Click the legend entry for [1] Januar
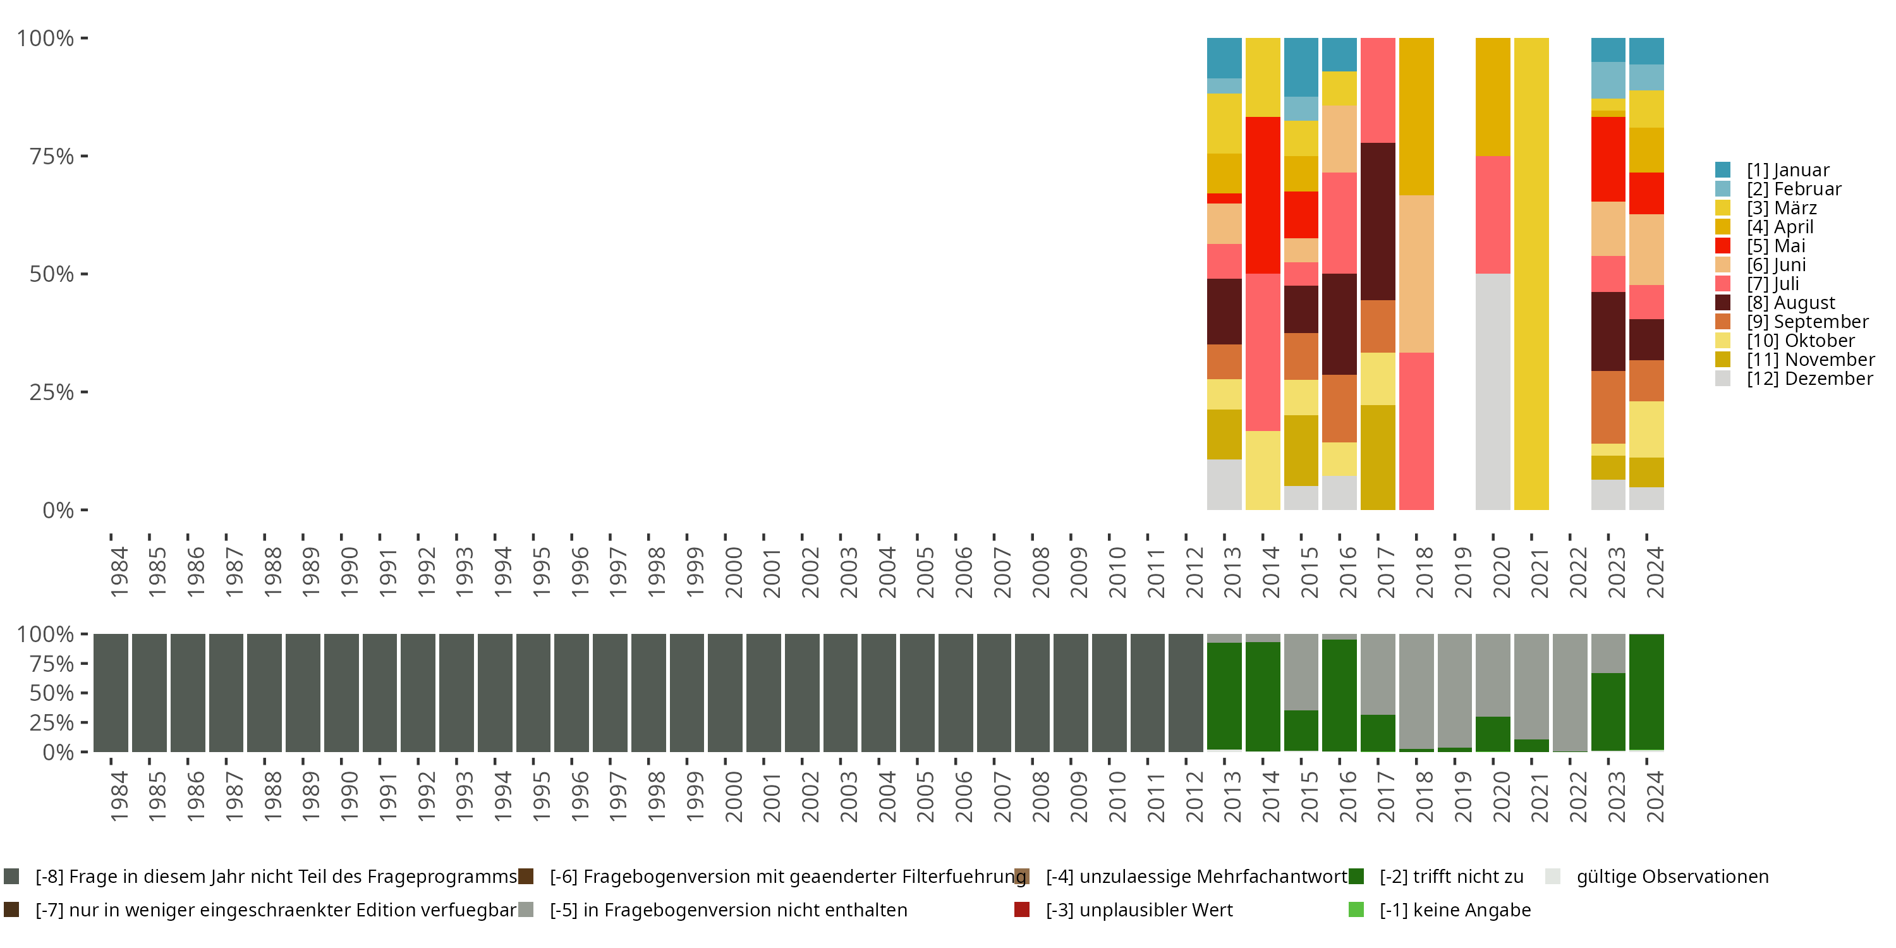[x=1787, y=170]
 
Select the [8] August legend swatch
[x=1722, y=303]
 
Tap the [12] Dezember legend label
[x=1809, y=379]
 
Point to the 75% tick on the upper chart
[x=84, y=156]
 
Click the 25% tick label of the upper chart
[x=52, y=392]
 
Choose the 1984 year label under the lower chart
[x=119, y=796]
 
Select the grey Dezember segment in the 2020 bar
[x=1493, y=392]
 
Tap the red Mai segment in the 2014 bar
[x=1262, y=195]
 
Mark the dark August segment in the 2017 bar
[x=1378, y=221]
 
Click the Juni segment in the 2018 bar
[x=1416, y=274]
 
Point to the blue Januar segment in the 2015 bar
[x=1301, y=67]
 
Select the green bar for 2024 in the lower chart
[x=1646, y=692]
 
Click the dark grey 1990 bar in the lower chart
[x=341, y=693]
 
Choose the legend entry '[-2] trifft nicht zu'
[x=1450, y=877]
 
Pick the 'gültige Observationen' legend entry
[x=1672, y=877]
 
